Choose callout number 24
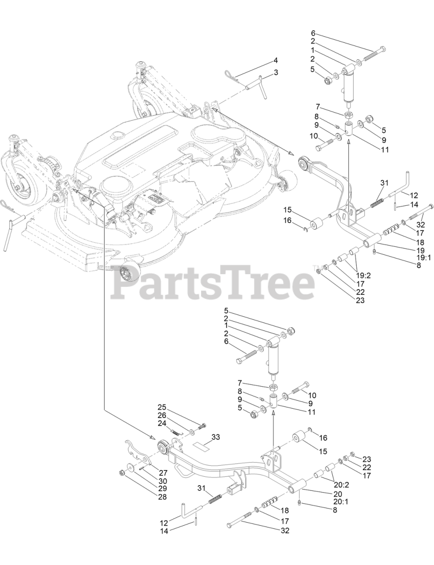161,422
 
